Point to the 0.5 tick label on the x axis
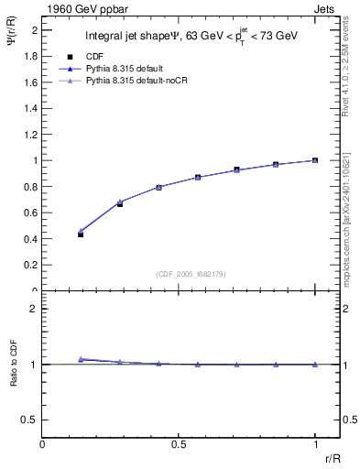point(179,443)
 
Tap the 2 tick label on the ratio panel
point(34,309)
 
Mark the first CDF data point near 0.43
point(81,234)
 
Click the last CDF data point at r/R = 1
point(315,160)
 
